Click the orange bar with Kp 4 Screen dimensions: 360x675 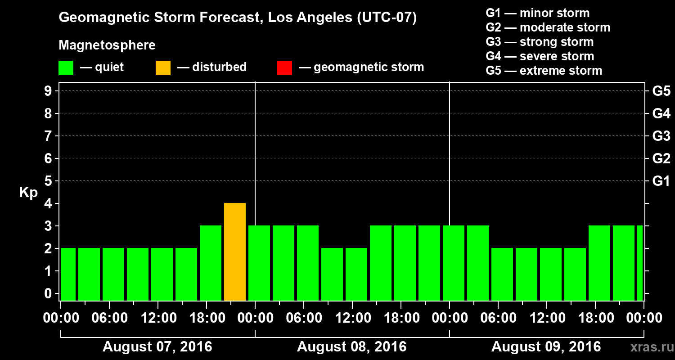tap(235, 252)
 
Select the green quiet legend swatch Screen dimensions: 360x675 tap(66, 68)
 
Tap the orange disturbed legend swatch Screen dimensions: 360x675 tap(163, 68)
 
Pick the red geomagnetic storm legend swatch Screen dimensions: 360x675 tap(284, 68)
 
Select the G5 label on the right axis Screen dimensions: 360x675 tap(661, 91)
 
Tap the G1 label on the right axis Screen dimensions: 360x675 tap(661, 181)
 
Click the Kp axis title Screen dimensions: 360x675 tap(28, 193)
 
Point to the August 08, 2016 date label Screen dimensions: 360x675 tap(351, 347)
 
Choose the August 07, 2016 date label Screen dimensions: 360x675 tap(157, 347)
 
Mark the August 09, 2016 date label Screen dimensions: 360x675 tap(546, 347)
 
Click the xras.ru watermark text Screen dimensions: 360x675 tap(649, 347)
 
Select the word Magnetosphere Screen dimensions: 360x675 tap(107, 45)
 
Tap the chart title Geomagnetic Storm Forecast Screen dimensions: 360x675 tap(238, 18)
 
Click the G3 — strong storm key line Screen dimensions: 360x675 tap(540, 42)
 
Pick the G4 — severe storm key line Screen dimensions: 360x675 tap(540, 56)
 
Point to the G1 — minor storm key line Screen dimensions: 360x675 tap(538, 13)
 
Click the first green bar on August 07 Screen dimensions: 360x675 tap(68, 274)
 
